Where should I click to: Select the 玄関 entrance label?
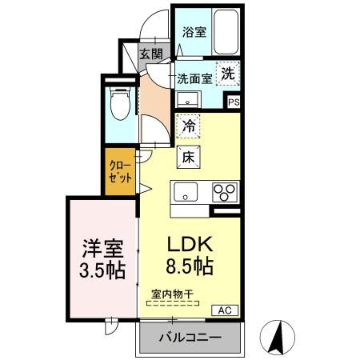(150, 54)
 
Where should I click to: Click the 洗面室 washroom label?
(194, 79)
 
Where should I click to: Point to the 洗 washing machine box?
(229, 72)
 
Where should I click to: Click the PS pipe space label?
(234, 102)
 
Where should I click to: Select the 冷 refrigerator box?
(189, 126)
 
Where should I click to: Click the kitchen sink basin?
(186, 193)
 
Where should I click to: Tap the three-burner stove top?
(225, 193)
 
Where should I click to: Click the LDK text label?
(189, 244)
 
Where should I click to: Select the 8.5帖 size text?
(189, 265)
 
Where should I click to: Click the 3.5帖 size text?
(102, 270)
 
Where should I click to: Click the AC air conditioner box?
(223, 309)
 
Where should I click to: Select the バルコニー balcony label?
(190, 338)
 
